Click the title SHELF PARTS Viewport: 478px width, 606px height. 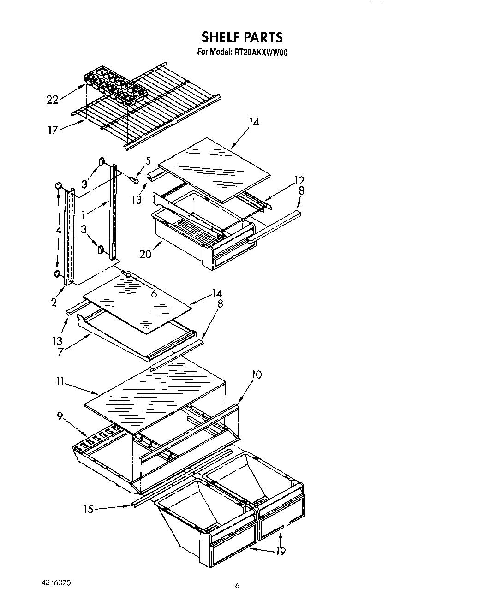click(242, 37)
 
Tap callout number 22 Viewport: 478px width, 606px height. click(53, 100)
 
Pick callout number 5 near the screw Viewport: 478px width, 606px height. click(148, 161)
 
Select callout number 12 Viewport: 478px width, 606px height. click(299, 180)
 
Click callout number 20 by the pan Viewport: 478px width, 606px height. click(145, 254)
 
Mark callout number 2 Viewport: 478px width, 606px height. click(54, 303)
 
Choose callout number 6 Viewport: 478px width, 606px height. click(154, 293)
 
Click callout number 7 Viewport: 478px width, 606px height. click(61, 351)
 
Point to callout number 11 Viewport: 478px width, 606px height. click(59, 382)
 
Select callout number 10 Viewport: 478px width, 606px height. click(257, 374)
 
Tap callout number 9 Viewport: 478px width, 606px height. click(60, 416)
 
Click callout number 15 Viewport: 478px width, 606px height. click(88, 509)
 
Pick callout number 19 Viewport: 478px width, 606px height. click(281, 551)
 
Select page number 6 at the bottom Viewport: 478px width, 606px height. click(237, 586)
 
